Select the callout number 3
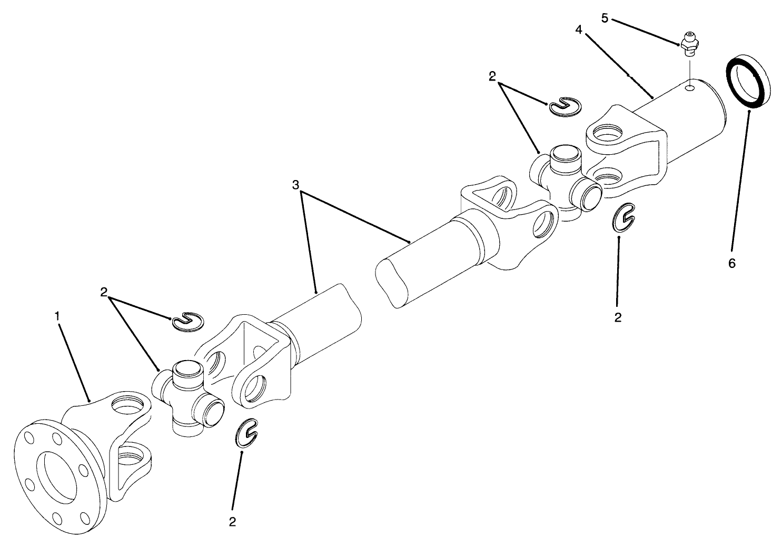click(296, 185)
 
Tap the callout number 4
click(579, 30)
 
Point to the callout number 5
click(605, 18)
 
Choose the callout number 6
click(732, 263)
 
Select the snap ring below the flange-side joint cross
click(246, 434)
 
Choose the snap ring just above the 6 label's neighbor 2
click(624, 217)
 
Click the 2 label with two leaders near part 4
click(492, 77)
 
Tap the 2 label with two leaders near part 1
click(104, 292)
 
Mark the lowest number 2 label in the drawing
click(232, 522)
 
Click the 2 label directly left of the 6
click(618, 317)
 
